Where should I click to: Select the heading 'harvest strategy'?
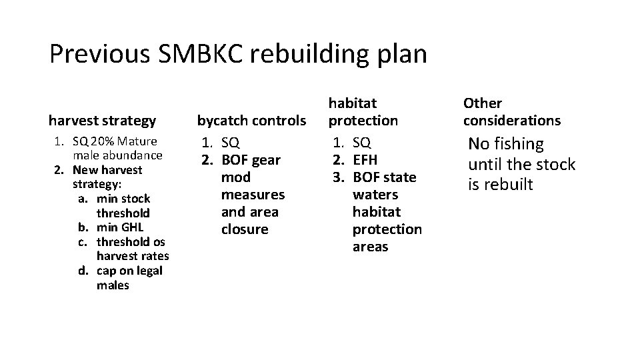tap(102, 121)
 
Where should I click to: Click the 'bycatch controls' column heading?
tap(251, 121)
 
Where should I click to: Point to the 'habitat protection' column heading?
tap(363, 112)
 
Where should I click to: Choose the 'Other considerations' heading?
tap(512, 112)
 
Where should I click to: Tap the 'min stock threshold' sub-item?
tap(123, 205)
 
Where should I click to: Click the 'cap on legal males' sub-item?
tap(129, 278)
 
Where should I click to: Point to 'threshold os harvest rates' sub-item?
tap(132, 249)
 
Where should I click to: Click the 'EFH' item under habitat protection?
tap(365, 160)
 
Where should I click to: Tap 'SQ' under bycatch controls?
tap(230, 143)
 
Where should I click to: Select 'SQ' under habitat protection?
tap(362, 143)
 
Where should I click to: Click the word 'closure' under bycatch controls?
tap(245, 229)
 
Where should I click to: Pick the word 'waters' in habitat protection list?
tap(375, 195)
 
